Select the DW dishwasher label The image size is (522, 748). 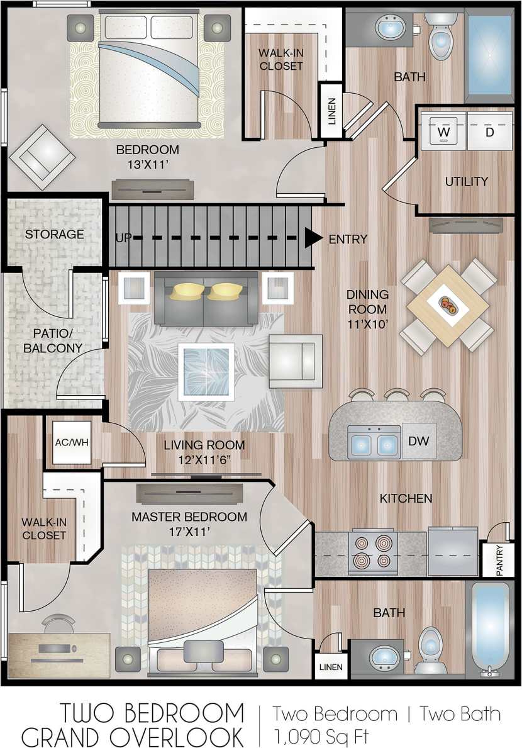coord(418,441)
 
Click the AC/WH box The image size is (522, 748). coord(72,442)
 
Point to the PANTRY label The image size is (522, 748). coord(499,559)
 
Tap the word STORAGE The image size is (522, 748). coord(54,234)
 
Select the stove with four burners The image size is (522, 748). coord(373,551)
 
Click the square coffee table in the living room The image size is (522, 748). coord(206,371)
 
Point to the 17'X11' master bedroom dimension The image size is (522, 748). coord(189,532)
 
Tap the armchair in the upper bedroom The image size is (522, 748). coord(42,157)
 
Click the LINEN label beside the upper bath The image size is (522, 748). coord(331,111)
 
